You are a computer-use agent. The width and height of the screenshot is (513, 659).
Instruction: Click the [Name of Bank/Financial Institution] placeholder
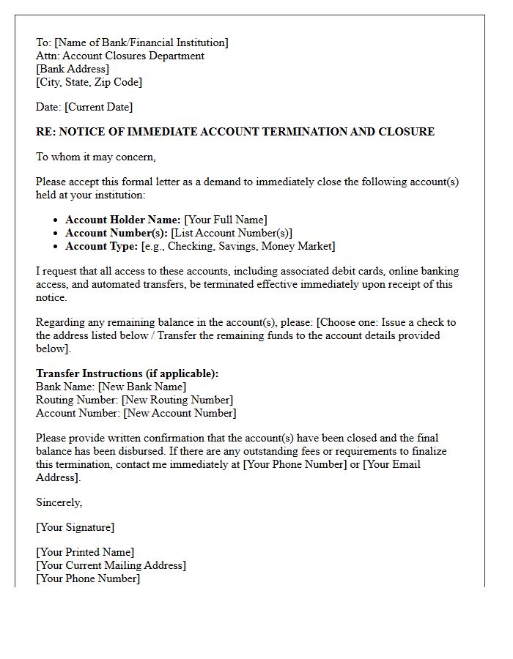tap(141, 42)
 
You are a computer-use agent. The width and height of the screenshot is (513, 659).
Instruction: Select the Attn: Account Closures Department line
tap(120, 56)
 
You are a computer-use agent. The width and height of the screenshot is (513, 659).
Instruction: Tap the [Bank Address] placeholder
tap(73, 69)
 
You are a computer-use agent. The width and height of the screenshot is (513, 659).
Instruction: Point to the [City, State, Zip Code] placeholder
tap(89, 82)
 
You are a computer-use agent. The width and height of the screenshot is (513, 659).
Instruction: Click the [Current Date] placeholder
tap(99, 107)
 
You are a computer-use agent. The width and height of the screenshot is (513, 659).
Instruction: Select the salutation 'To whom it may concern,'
tap(96, 157)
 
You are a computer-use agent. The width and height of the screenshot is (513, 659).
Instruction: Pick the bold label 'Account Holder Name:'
tap(123, 220)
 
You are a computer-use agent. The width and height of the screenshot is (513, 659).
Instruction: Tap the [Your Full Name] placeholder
tap(226, 220)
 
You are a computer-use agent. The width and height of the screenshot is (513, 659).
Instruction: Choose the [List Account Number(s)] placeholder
tap(232, 233)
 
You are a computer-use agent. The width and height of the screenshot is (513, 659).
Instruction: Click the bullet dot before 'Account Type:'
tap(56, 247)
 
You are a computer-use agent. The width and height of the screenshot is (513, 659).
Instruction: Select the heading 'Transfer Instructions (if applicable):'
tap(128, 373)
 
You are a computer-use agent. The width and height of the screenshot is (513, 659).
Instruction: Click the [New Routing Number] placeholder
tap(177, 400)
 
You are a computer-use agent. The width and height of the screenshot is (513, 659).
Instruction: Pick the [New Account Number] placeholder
tap(180, 413)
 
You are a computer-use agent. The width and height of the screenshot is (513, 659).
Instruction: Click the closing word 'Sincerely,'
tap(59, 502)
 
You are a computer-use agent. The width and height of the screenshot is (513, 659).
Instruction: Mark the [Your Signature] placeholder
tap(75, 527)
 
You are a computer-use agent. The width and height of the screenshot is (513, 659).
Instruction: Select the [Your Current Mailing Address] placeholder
tap(111, 565)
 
